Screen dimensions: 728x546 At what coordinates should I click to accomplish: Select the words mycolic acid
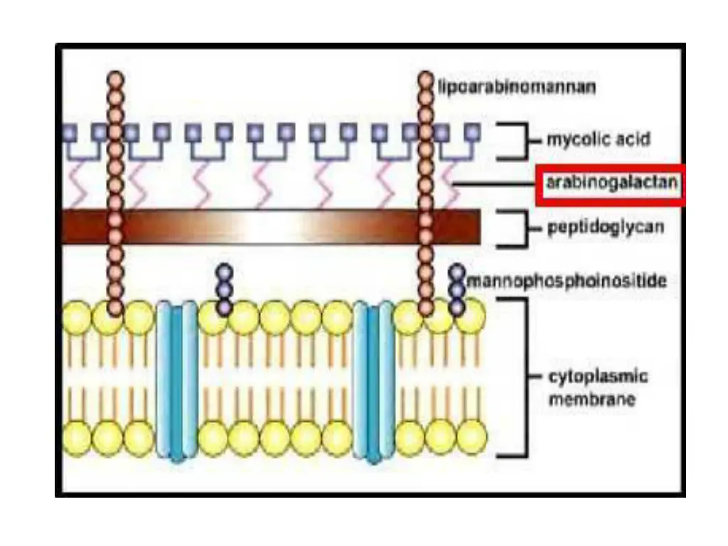click(x=597, y=139)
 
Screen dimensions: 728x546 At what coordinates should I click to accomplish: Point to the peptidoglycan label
click(x=606, y=228)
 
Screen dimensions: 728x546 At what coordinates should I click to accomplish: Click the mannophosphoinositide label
click(x=567, y=282)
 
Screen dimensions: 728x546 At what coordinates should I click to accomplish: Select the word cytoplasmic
click(x=597, y=376)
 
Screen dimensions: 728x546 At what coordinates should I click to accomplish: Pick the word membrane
click(x=591, y=400)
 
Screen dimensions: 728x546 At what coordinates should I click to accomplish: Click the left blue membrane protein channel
click(x=177, y=379)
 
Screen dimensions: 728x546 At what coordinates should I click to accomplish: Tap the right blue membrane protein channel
click(x=375, y=379)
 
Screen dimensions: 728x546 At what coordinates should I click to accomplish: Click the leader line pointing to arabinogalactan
click(x=494, y=185)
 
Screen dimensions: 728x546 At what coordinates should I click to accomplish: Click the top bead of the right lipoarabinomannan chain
click(x=425, y=78)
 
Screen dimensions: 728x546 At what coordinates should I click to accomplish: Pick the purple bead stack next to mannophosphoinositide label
click(x=457, y=289)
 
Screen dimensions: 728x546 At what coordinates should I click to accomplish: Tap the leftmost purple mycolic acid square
click(x=70, y=132)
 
